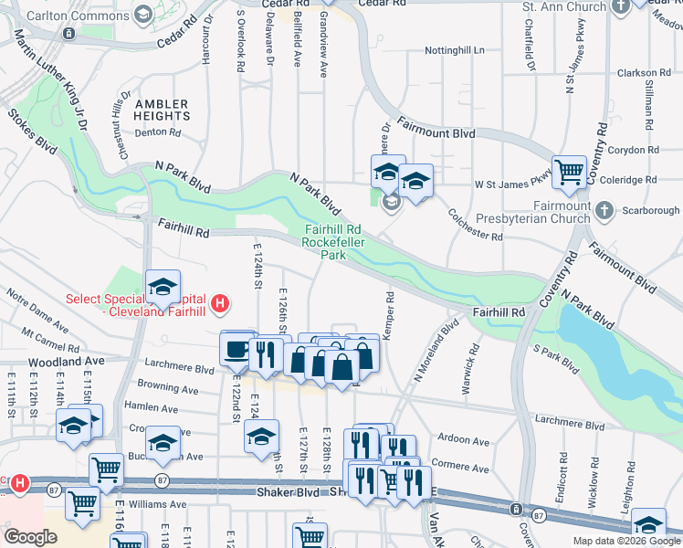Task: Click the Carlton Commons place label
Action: click(x=78, y=15)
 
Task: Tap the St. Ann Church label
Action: click(x=563, y=7)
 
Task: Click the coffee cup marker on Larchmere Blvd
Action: click(x=237, y=348)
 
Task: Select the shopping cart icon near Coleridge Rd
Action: click(x=570, y=170)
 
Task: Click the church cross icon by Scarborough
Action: click(x=603, y=211)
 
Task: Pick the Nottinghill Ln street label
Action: click(x=453, y=50)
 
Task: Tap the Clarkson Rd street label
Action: click(x=649, y=73)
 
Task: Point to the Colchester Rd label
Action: click(x=476, y=225)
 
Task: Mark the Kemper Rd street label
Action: click(x=388, y=316)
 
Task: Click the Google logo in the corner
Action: click(x=29, y=536)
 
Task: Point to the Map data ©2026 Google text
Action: click(x=625, y=541)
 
